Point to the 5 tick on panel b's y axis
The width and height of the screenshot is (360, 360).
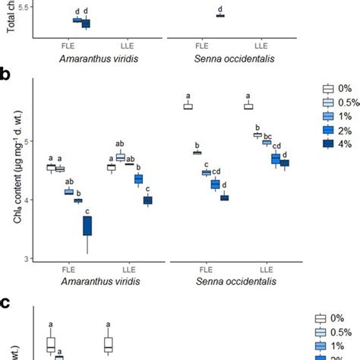tap(27, 141)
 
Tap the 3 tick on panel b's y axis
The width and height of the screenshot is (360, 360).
tap(27, 259)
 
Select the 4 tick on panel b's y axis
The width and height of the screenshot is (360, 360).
tap(27, 201)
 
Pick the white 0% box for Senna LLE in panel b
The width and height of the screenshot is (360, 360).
tap(248, 106)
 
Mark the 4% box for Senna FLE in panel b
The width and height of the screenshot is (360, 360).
tap(224, 197)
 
